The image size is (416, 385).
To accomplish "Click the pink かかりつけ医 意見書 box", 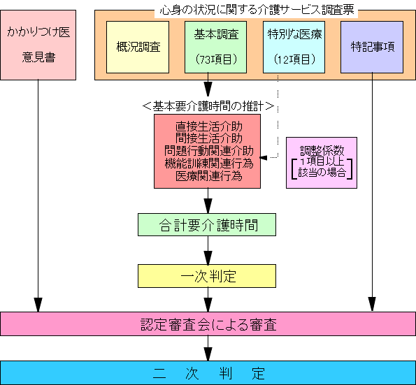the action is [38, 45].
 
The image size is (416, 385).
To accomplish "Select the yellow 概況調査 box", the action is [138, 48].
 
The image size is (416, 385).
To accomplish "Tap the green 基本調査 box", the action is [216, 48].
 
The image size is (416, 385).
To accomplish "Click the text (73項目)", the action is [216, 59].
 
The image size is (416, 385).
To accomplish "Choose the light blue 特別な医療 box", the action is [294, 48].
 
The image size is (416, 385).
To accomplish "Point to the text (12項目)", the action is [294, 59].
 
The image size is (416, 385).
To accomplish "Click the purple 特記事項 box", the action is [372, 48].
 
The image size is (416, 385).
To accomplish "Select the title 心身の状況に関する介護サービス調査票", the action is [257, 10].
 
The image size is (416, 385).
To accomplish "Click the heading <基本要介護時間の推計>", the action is [208, 106].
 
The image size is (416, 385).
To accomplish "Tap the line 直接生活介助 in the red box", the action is [209, 126].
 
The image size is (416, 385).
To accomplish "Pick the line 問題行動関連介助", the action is [209, 151].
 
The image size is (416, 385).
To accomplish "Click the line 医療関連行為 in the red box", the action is [209, 176].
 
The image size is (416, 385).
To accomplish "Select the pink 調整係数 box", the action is [322, 163].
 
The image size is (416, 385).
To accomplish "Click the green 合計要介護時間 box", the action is [207, 224].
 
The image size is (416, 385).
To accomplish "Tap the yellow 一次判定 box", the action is [207, 276].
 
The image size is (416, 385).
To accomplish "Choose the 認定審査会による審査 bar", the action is [208, 324].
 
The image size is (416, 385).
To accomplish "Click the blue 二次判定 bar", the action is [208, 373].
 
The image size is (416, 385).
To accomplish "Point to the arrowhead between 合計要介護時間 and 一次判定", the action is [208, 257].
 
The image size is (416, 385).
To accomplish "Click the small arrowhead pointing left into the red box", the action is [263, 158].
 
